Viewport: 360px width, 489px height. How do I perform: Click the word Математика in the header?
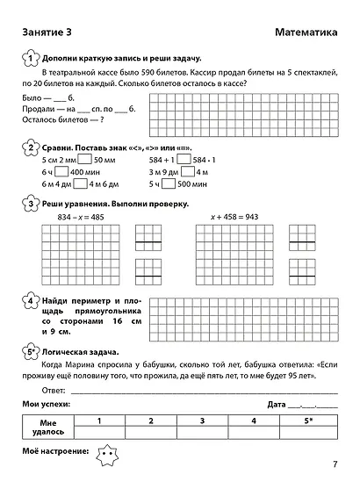pos(306,32)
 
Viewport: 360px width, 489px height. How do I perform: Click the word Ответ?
pos(54,390)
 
